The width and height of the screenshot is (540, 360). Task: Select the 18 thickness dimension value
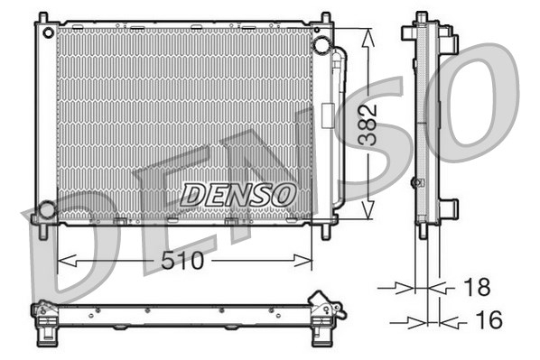coord(476,288)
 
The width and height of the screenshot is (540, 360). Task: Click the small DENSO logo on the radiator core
coord(237,194)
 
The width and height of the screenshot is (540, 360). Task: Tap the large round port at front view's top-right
coord(321,45)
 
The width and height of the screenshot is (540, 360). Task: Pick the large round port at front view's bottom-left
coord(45,211)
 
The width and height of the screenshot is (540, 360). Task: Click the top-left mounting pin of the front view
coord(40,19)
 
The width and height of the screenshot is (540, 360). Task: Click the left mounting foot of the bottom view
coord(42,334)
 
